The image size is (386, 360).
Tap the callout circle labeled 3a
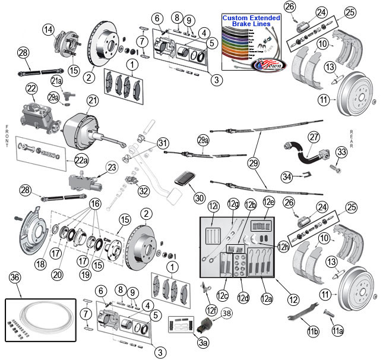[x=203, y=342]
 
